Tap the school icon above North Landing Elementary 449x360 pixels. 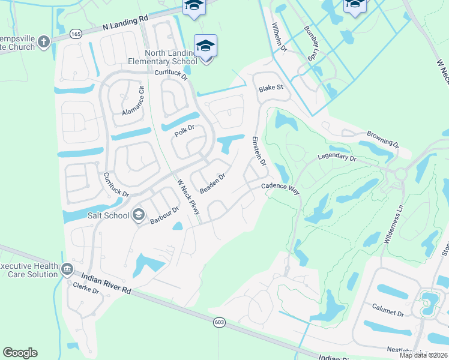pyautogui.click(x=205, y=45)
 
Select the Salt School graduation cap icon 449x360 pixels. pyautogui.click(x=139, y=215)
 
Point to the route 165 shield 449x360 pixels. pyautogui.click(x=76, y=34)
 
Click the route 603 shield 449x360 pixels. pyautogui.click(x=218, y=322)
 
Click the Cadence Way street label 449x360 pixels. pyautogui.click(x=280, y=188)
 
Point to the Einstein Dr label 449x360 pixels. pyautogui.click(x=259, y=151)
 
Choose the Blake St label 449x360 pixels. pyautogui.click(x=270, y=88)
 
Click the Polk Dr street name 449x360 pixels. pyautogui.click(x=185, y=130)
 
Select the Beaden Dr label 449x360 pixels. pyautogui.click(x=212, y=183)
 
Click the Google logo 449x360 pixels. pyautogui.click(x=20, y=353)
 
